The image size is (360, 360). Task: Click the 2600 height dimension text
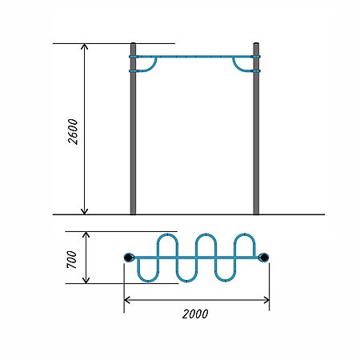coord(73,132)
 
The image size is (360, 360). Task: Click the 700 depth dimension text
coord(72,259)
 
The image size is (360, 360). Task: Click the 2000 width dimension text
coord(195,314)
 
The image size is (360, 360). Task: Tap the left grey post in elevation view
coord(133,129)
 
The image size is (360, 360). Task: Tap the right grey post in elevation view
coord(256,129)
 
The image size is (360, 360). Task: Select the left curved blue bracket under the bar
coord(152,67)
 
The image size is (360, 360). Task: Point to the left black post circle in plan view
coord(128,258)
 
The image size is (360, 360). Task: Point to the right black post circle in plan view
coord(264,258)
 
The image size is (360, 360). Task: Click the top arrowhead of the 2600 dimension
coord(84,46)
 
